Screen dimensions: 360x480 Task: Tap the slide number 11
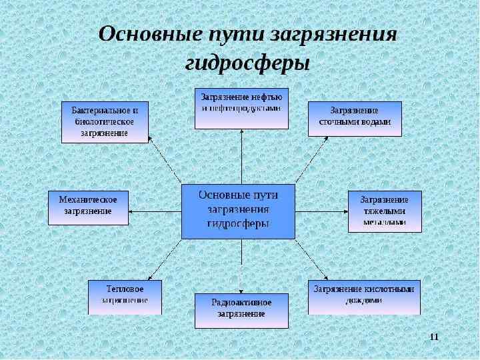click(434, 335)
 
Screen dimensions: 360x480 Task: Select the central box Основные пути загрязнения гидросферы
click(239, 211)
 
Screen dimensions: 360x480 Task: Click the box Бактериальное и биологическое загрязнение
click(105, 122)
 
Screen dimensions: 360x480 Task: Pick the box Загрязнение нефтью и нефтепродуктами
click(241, 107)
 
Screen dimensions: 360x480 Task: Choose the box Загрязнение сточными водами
click(355, 119)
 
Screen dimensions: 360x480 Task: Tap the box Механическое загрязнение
click(88, 207)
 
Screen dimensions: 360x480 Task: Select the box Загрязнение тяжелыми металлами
click(385, 211)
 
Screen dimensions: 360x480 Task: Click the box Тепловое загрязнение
click(125, 297)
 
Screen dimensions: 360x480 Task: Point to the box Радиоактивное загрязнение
click(241, 310)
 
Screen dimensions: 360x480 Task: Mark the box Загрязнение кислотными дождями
click(364, 297)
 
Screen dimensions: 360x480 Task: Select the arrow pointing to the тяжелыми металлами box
click(321, 211)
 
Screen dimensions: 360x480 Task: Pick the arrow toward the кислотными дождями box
click(312, 260)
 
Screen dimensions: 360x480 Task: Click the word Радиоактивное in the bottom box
click(241, 303)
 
